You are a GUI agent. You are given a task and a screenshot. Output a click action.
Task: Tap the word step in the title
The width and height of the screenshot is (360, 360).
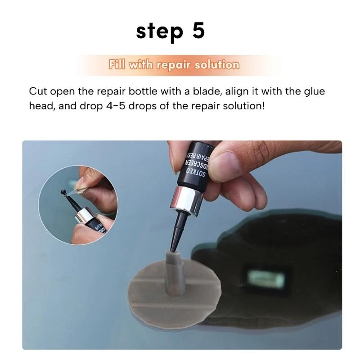(158, 31)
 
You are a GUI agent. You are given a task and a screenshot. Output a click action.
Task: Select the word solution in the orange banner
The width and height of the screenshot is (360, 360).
(217, 65)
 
